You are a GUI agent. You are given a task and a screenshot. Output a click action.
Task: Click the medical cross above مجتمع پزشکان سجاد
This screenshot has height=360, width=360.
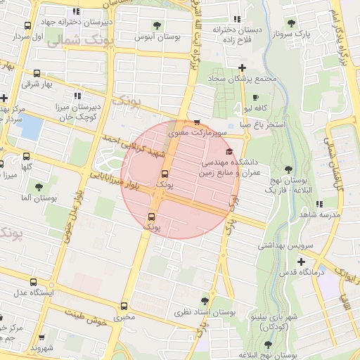(242, 67)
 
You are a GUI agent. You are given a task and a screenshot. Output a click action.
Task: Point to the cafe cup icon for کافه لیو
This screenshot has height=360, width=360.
(255, 98)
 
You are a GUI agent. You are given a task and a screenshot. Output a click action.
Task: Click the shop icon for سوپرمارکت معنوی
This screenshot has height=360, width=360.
(196, 122)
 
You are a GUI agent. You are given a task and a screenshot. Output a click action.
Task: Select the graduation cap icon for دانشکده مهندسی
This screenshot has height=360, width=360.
(228, 151)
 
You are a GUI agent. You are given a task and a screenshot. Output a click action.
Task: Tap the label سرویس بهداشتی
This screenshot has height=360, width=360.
(281, 246)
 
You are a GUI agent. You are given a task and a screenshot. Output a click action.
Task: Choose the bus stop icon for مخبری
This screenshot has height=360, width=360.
(124, 307)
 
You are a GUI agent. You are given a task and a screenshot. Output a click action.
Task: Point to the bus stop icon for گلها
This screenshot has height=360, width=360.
(27, 157)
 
